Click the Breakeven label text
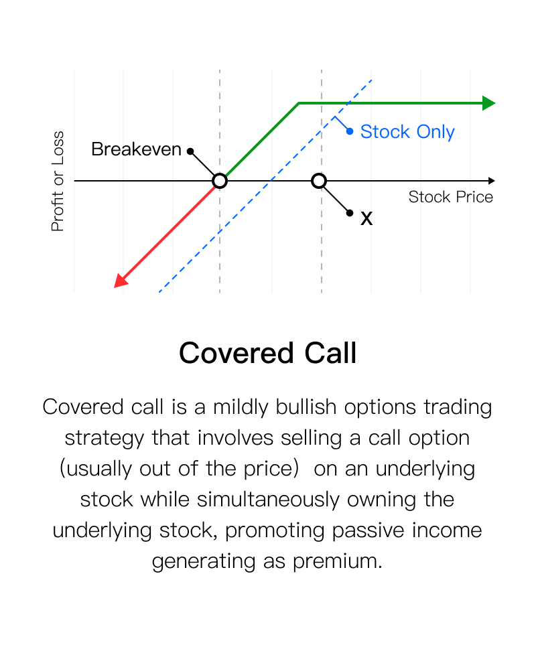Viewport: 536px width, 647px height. tap(136, 149)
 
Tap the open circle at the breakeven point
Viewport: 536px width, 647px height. tap(220, 181)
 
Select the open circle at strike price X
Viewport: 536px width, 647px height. tap(318, 181)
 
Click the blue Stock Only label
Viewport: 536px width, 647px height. tap(407, 132)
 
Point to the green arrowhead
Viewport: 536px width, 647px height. tap(488, 103)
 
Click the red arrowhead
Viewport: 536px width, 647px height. tap(120, 281)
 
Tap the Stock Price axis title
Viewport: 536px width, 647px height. tap(451, 197)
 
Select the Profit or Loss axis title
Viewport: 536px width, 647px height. tap(58, 182)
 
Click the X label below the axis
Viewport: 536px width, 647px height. tap(366, 218)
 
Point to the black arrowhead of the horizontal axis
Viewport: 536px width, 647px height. tap(491, 181)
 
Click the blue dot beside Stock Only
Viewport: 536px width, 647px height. tap(350, 131)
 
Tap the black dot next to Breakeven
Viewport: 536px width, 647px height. tap(190, 151)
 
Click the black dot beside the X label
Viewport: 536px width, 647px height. tap(350, 213)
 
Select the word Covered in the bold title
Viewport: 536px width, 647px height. tap(237, 353)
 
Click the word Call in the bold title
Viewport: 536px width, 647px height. tap(330, 353)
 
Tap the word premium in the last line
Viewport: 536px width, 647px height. tap(337, 561)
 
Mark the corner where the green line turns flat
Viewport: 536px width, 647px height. tap(299, 103)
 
